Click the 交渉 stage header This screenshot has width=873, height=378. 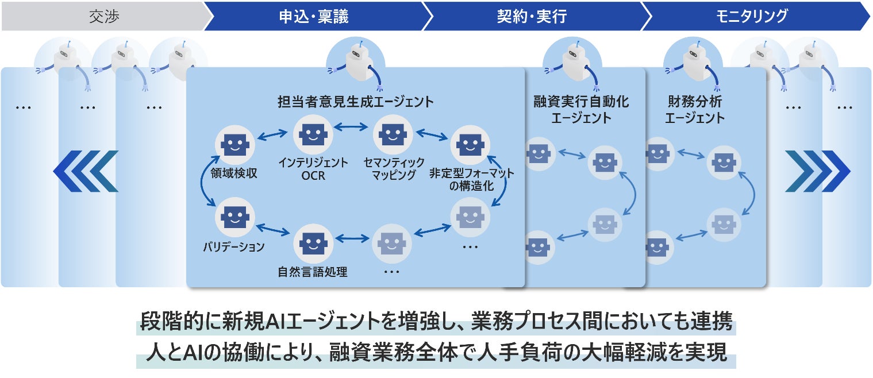tap(103, 16)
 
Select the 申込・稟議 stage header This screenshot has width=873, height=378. tap(314, 16)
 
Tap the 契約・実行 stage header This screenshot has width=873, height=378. tap(532, 16)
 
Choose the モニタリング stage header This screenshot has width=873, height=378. tap(752, 16)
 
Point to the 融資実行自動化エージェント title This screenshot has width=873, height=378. tap(581, 110)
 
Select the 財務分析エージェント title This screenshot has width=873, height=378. tap(694, 110)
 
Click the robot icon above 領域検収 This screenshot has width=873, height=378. tap(234, 145)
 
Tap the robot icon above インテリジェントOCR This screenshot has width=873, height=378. tap(313, 134)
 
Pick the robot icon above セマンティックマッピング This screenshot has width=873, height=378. tap(393, 134)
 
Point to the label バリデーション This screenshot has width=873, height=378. tap(234, 248)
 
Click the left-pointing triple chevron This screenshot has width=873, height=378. tap(86, 171)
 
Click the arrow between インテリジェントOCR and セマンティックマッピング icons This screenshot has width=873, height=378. tap(353, 126)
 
